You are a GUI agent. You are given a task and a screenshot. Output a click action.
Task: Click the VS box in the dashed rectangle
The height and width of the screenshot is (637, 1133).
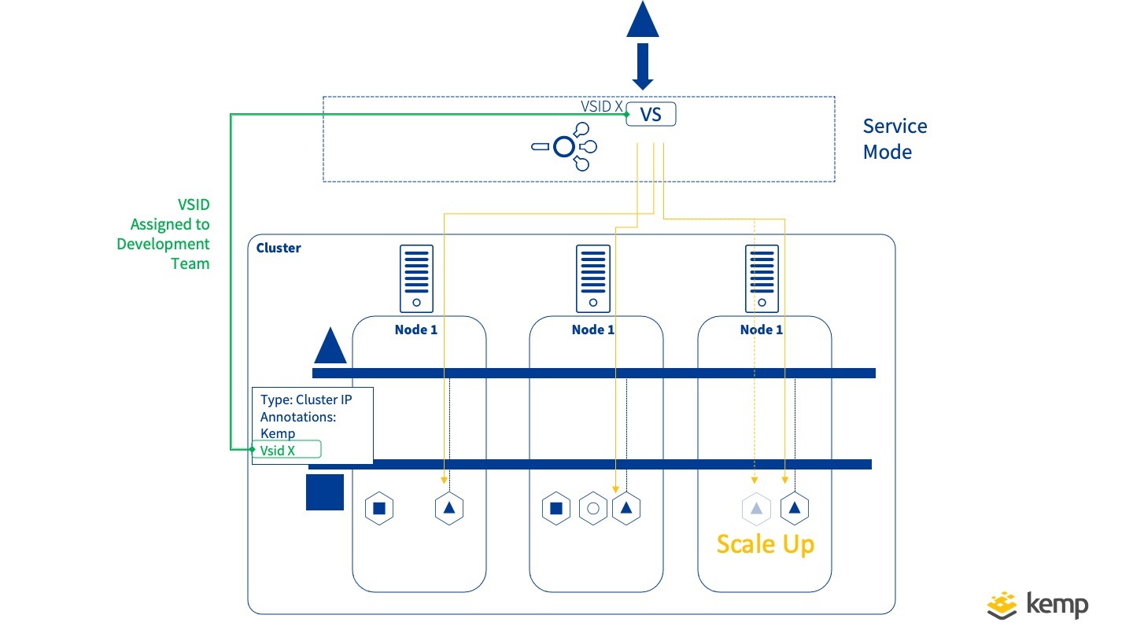click(651, 115)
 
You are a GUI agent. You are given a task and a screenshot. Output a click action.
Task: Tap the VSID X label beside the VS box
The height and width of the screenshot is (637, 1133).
click(602, 106)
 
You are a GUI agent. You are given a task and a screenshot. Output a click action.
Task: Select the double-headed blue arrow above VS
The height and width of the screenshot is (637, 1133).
click(643, 67)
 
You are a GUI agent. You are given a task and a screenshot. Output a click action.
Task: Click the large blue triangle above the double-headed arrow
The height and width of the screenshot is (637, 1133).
click(643, 20)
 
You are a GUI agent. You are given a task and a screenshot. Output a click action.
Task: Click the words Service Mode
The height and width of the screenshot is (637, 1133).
click(895, 139)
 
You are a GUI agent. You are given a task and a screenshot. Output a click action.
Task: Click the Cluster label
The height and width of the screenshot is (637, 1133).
click(279, 248)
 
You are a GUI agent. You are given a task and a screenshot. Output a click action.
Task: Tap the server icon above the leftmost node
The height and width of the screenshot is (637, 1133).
click(416, 278)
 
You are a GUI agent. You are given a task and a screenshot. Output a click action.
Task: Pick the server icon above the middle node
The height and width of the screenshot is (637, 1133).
click(593, 278)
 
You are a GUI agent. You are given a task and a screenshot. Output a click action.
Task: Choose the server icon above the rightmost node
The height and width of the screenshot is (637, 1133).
click(762, 278)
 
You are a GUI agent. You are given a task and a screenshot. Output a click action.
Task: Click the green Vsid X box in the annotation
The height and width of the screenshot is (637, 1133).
click(286, 450)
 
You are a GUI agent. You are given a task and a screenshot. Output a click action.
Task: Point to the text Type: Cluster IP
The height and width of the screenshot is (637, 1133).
click(306, 400)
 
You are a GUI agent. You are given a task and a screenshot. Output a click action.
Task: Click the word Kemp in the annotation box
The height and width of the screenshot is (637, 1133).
click(278, 433)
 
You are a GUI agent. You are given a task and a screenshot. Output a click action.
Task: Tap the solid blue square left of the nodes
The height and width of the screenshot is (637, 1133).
click(325, 492)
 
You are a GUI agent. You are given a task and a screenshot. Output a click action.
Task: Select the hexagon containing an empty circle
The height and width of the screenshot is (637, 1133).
click(593, 508)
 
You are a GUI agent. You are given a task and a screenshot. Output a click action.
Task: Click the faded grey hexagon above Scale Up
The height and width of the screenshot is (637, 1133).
click(755, 508)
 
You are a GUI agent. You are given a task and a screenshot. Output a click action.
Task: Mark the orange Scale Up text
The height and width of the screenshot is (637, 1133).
click(765, 544)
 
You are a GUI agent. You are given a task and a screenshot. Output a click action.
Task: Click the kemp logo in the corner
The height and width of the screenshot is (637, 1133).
click(1038, 605)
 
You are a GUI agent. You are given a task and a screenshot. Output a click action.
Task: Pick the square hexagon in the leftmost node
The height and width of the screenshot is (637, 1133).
click(378, 508)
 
